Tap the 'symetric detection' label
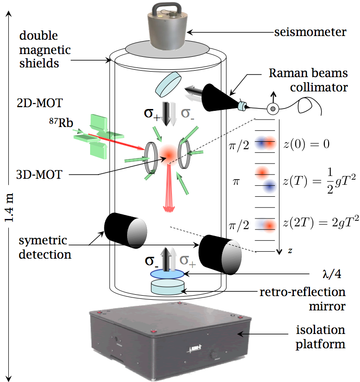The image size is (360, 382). coord(45,247)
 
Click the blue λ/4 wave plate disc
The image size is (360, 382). coord(167,274)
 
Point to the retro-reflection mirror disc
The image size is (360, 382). coord(167,286)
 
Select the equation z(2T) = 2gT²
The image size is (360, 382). coord(320,225)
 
